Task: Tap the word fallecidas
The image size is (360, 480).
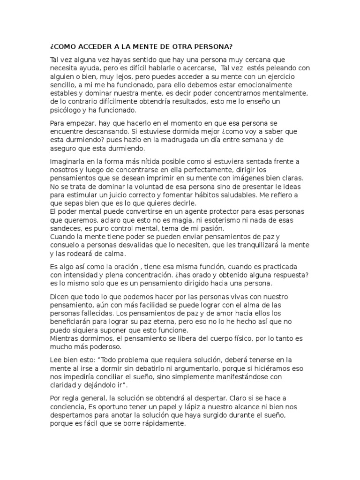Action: click(97, 314)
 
